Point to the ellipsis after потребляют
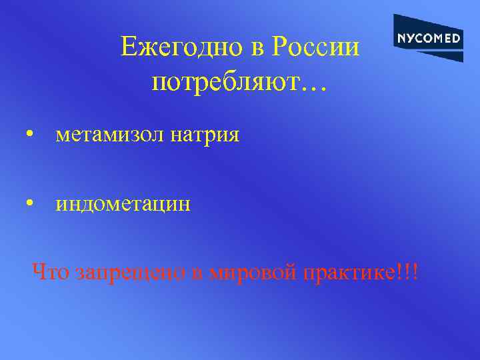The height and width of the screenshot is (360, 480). pyautogui.click(x=313, y=87)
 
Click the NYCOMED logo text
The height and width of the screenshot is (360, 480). pyautogui.click(x=428, y=38)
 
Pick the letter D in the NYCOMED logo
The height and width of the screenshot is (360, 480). pyautogui.click(x=456, y=38)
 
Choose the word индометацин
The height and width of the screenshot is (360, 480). pyautogui.click(x=123, y=204)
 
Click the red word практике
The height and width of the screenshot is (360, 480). pyautogui.click(x=346, y=273)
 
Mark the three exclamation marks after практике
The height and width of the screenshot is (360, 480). pyautogui.click(x=407, y=272)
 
